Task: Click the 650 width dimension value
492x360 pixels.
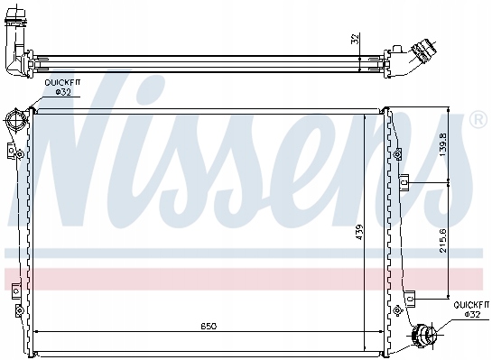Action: [x=209, y=327]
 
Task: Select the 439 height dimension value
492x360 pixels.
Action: [x=360, y=232]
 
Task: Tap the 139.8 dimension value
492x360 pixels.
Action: [x=443, y=144]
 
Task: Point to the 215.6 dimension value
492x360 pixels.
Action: [x=443, y=241]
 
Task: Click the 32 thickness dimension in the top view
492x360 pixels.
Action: [x=355, y=39]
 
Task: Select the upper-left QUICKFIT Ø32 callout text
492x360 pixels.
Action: [x=62, y=88]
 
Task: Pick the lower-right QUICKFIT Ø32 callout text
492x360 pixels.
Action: [x=471, y=309]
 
